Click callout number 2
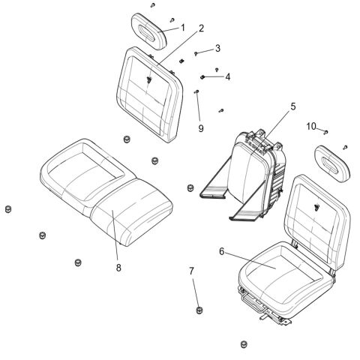click(202, 28)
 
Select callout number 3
click(217, 49)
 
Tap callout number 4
click(227, 76)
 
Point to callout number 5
click(293, 107)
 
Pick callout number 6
click(221, 253)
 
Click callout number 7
click(191, 271)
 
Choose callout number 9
click(200, 128)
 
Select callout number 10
click(311, 126)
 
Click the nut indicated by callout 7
click(199, 310)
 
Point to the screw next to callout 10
click(326, 131)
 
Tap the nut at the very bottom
click(243, 343)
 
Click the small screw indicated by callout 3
click(196, 53)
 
